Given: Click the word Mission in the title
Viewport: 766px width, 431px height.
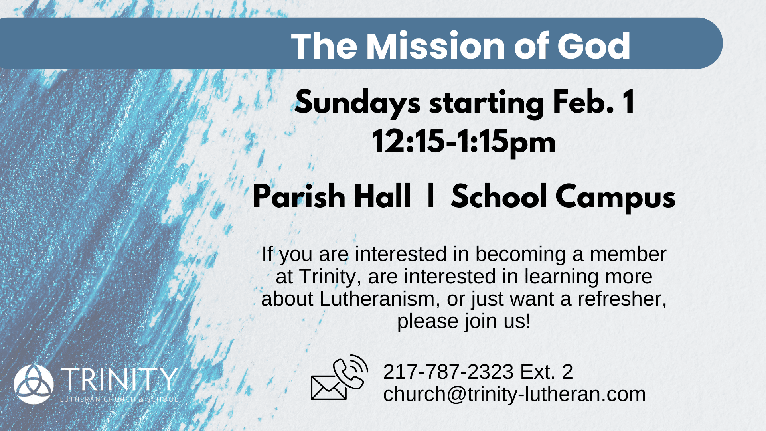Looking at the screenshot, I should point(436,46).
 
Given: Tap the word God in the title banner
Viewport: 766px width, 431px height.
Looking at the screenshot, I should point(594,46).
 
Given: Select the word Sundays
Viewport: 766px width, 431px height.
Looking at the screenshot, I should point(357,103).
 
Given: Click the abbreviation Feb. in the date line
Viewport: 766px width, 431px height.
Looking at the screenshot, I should point(583,102).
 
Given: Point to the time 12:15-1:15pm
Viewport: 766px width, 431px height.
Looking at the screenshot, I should point(464,142).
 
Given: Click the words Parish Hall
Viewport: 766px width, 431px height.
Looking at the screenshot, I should point(332,196).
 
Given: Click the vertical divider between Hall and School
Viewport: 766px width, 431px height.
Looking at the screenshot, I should point(430,196).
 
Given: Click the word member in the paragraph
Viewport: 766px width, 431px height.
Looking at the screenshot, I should point(628,254).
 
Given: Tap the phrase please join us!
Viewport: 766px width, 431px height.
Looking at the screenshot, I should point(464,321).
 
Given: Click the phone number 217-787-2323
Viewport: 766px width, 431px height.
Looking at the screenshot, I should point(448,372).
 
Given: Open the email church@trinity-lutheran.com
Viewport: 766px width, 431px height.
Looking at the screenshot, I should point(514,394).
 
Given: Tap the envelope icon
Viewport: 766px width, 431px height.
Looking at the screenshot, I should point(328,388).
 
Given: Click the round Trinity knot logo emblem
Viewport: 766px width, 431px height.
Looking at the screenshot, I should point(34,384).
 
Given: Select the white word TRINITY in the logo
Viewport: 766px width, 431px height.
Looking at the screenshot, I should point(119,379).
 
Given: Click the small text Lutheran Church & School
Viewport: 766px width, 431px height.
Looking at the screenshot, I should point(119,399).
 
